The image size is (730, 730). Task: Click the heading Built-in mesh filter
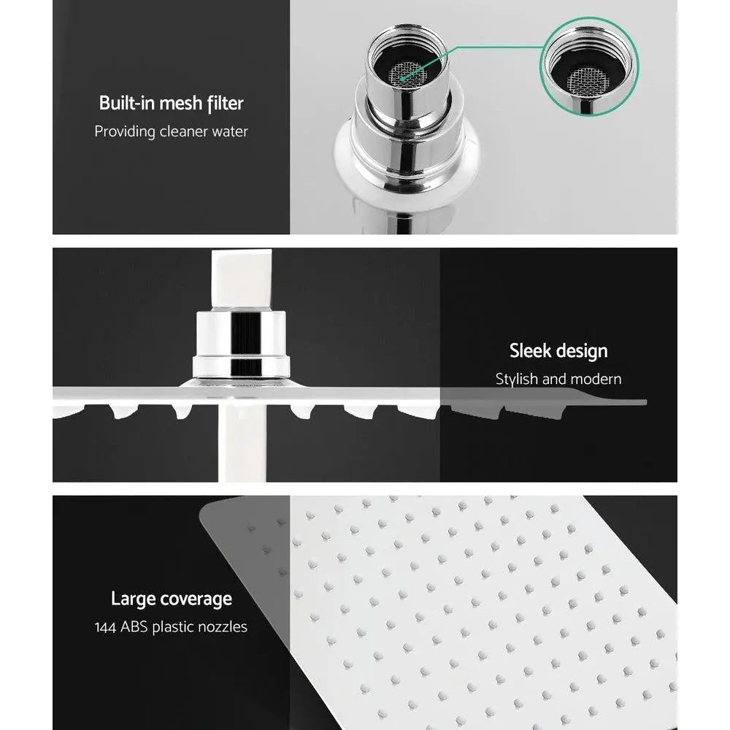pos(171,103)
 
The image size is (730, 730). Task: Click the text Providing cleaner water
pos(171,131)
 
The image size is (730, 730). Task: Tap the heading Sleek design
pos(558,350)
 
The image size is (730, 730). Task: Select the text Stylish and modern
pos(558,379)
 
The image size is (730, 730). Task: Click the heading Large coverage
pos(171,599)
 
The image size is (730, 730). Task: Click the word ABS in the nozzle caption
pos(135,627)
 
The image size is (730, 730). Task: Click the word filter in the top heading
pos(225,103)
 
